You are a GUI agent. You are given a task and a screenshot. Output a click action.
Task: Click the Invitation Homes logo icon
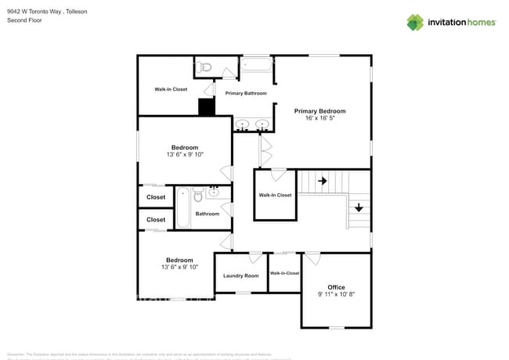(x=414, y=22)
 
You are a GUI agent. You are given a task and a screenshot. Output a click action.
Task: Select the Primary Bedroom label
(x=319, y=111)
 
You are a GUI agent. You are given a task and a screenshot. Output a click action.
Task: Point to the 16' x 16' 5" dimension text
(x=319, y=119)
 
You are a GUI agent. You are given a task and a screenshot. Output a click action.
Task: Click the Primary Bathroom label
(x=246, y=93)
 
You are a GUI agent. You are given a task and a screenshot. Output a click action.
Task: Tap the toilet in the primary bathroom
(x=204, y=67)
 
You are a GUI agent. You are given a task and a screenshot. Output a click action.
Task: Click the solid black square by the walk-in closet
(x=206, y=107)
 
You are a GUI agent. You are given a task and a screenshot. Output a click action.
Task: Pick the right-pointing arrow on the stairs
(x=323, y=181)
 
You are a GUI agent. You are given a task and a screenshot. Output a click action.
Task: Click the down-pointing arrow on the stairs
(x=358, y=207)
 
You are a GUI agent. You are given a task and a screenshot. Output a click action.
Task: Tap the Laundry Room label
(x=240, y=275)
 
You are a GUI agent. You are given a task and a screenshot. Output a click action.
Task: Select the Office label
(x=336, y=287)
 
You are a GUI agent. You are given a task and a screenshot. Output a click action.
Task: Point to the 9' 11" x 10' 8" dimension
(x=336, y=295)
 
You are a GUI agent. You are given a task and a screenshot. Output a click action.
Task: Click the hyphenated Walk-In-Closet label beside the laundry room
(x=284, y=273)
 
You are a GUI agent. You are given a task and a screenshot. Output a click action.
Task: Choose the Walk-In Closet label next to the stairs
(x=275, y=195)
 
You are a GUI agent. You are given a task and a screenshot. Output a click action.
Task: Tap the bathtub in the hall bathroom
(x=183, y=207)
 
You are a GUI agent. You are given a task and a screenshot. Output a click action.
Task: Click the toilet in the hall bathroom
(x=198, y=193)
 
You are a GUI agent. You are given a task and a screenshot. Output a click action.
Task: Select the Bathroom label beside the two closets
(x=208, y=214)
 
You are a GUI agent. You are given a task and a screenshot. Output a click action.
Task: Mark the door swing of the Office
(x=312, y=258)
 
